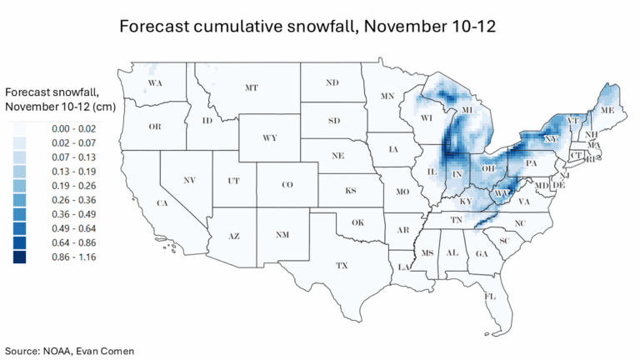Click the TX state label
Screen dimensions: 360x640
pos(341,265)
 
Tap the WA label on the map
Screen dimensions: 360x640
pos(155,83)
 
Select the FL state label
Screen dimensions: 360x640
pos(491,296)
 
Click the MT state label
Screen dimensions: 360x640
pos(250,87)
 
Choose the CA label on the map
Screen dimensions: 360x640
pos(164,203)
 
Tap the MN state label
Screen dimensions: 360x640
pos(387,97)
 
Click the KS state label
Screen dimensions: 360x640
pos(353,191)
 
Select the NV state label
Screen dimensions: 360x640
pos(189,180)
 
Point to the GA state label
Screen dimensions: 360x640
pos(482,253)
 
